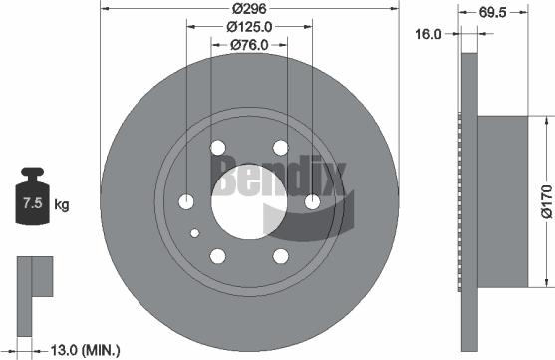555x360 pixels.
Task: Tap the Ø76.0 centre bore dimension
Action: click(x=250, y=44)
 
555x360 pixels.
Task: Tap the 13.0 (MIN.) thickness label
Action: click(x=85, y=349)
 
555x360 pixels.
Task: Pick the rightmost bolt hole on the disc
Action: click(x=313, y=203)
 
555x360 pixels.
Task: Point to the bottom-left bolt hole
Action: click(x=218, y=257)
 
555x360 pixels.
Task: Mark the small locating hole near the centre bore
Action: click(x=195, y=234)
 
